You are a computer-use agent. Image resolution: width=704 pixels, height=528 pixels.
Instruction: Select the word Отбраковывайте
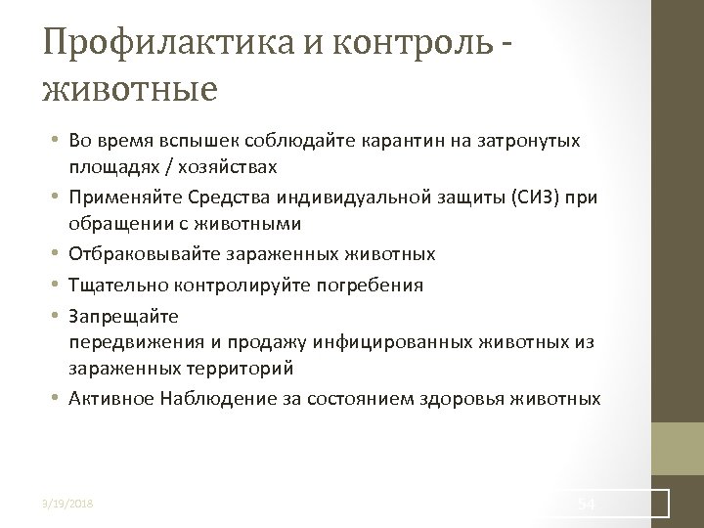click(x=145, y=254)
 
